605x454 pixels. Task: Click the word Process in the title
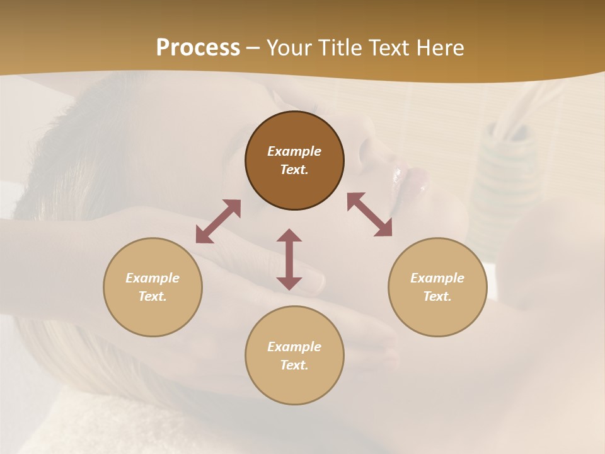[198, 48]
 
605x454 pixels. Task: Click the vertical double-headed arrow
[289, 259]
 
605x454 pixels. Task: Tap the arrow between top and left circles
[218, 221]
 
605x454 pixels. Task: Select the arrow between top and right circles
[369, 214]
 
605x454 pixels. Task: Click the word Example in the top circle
[294, 151]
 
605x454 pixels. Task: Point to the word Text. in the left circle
[153, 296]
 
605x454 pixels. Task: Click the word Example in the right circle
[437, 278]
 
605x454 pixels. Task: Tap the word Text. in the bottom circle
[294, 365]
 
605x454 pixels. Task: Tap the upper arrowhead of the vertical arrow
[289, 236]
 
